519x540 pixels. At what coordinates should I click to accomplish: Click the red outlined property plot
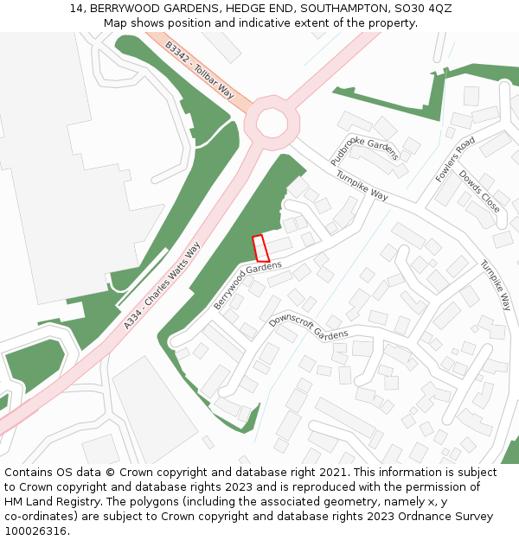click(x=260, y=248)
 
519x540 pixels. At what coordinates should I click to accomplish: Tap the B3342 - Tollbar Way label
click(x=200, y=68)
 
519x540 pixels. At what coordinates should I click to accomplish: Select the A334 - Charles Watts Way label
click(x=162, y=285)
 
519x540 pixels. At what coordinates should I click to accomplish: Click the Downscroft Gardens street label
click(x=308, y=327)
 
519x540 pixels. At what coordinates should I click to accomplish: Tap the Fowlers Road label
click(x=455, y=159)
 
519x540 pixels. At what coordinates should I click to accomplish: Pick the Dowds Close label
click(x=479, y=191)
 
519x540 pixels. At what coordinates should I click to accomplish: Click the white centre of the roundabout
click(x=272, y=123)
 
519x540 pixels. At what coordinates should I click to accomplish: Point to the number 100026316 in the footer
click(x=35, y=530)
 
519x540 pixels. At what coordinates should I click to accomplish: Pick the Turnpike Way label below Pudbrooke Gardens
click(x=362, y=183)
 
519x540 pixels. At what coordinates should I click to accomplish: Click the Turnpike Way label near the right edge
click(x=497, y=285)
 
